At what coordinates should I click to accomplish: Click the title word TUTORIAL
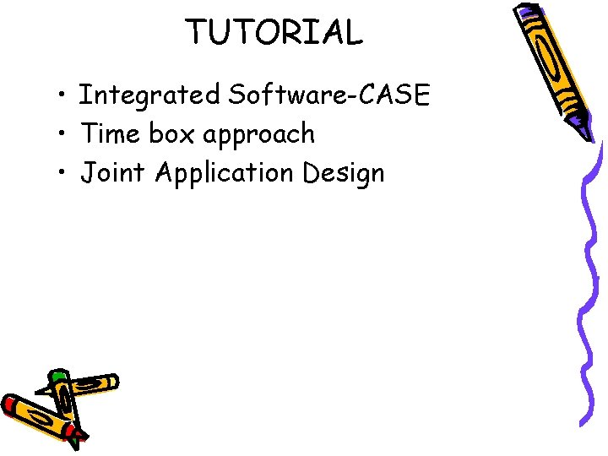274,33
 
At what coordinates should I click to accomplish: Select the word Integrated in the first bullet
148,95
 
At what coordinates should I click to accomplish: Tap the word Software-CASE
329,95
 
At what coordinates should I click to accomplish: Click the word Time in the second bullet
113,133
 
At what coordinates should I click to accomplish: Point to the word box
174,133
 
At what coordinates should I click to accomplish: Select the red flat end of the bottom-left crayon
8,404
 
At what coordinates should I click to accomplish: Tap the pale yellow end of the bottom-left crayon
111,383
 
